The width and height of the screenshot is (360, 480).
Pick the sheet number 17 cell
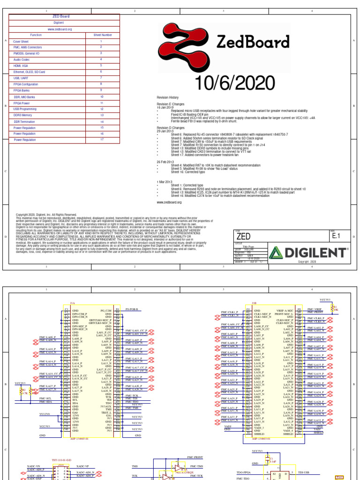point(101,139)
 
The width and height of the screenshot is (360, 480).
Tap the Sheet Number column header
point(101,35)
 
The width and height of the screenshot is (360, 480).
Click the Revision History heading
point(168,97)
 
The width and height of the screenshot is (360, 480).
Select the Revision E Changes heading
point(171,104)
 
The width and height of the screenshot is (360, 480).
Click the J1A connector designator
point(72,303)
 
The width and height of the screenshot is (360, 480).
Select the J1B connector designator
point(254,303)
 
